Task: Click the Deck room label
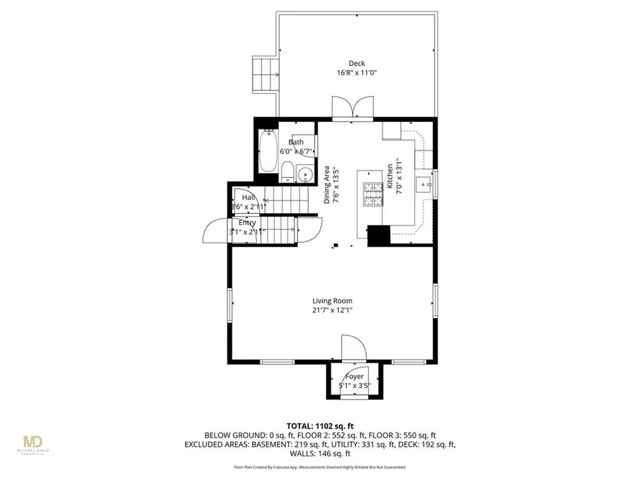(357, 62)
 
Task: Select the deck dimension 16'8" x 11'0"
(357, 72)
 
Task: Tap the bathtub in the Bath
(268, 151)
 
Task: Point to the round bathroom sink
(304, 173)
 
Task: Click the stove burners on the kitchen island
(373, 193)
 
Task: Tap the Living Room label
(333, 301)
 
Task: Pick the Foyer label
(354, 376)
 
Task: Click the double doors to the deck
(354, 107)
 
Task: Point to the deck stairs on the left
(265, 74)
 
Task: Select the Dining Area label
(327, 185)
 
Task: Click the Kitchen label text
(389, 177)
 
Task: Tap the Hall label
(248, 197)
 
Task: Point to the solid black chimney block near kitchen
(379, 236)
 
